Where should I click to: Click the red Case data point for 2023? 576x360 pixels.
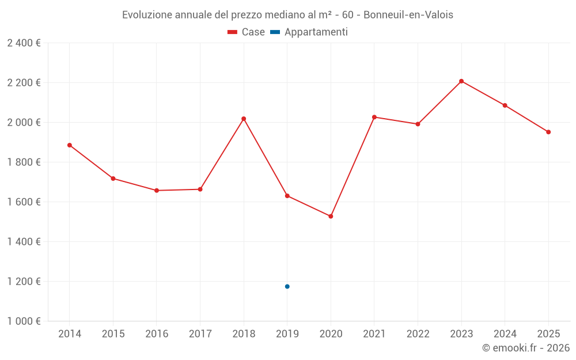pyautogui.click(x=461, y=81)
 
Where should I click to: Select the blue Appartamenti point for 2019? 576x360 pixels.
pyautogui.click(x=287, y=286)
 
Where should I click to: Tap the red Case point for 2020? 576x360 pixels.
pyautogui.click(x=331, y=216)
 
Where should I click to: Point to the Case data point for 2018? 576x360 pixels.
pyautogui.click(x=244, y=119)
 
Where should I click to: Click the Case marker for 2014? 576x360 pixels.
pyautogui.click(x=70, y=145)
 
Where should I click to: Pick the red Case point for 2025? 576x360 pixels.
pyautogui.click(x=548, y=132)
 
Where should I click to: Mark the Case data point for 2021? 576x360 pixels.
pyautogui.click(x=374, y=117)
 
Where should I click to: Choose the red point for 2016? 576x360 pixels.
pyautogui.click(x=157, y=190)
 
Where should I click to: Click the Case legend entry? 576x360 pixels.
pyautogui.click(x=246, y=32)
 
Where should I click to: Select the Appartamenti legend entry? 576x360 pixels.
pyautogui.click(x=309, y=32)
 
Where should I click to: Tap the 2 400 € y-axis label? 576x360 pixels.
pyautogui.click(x=24, y=43)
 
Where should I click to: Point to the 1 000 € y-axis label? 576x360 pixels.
pyautogui.click(x=24, y=321)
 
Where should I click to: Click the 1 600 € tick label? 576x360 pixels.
pyautogui.click(x=24, y=202)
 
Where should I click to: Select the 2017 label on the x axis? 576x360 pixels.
pyautogui.click(x=200, y=334)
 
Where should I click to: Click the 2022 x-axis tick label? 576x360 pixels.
pyautogui.click(x=418, y=334)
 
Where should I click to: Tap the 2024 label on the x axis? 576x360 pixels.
pyautogui.click(x=505, y=334)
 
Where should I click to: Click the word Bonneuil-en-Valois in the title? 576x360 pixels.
pyautogui.click(x=408, y=15)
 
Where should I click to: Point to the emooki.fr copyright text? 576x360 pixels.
pyautogui.click(x=525, y=348)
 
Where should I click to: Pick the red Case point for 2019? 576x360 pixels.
pyautogui.click(x=287, y=195)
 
